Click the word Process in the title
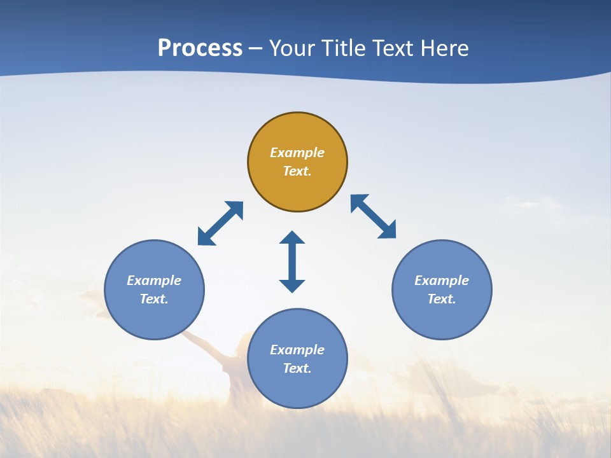tap(200, 48)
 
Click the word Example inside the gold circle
tap(297, 153)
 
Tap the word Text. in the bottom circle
tap(297, 368)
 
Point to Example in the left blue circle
tap(154, 281)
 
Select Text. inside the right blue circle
tap(442, 299)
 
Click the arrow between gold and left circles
tap(220, 223)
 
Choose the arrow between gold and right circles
tap(373, 216)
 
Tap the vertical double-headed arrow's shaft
tap(292, 261)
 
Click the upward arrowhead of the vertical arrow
tap(292, 237)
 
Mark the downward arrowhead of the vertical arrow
tap(292, 286)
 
